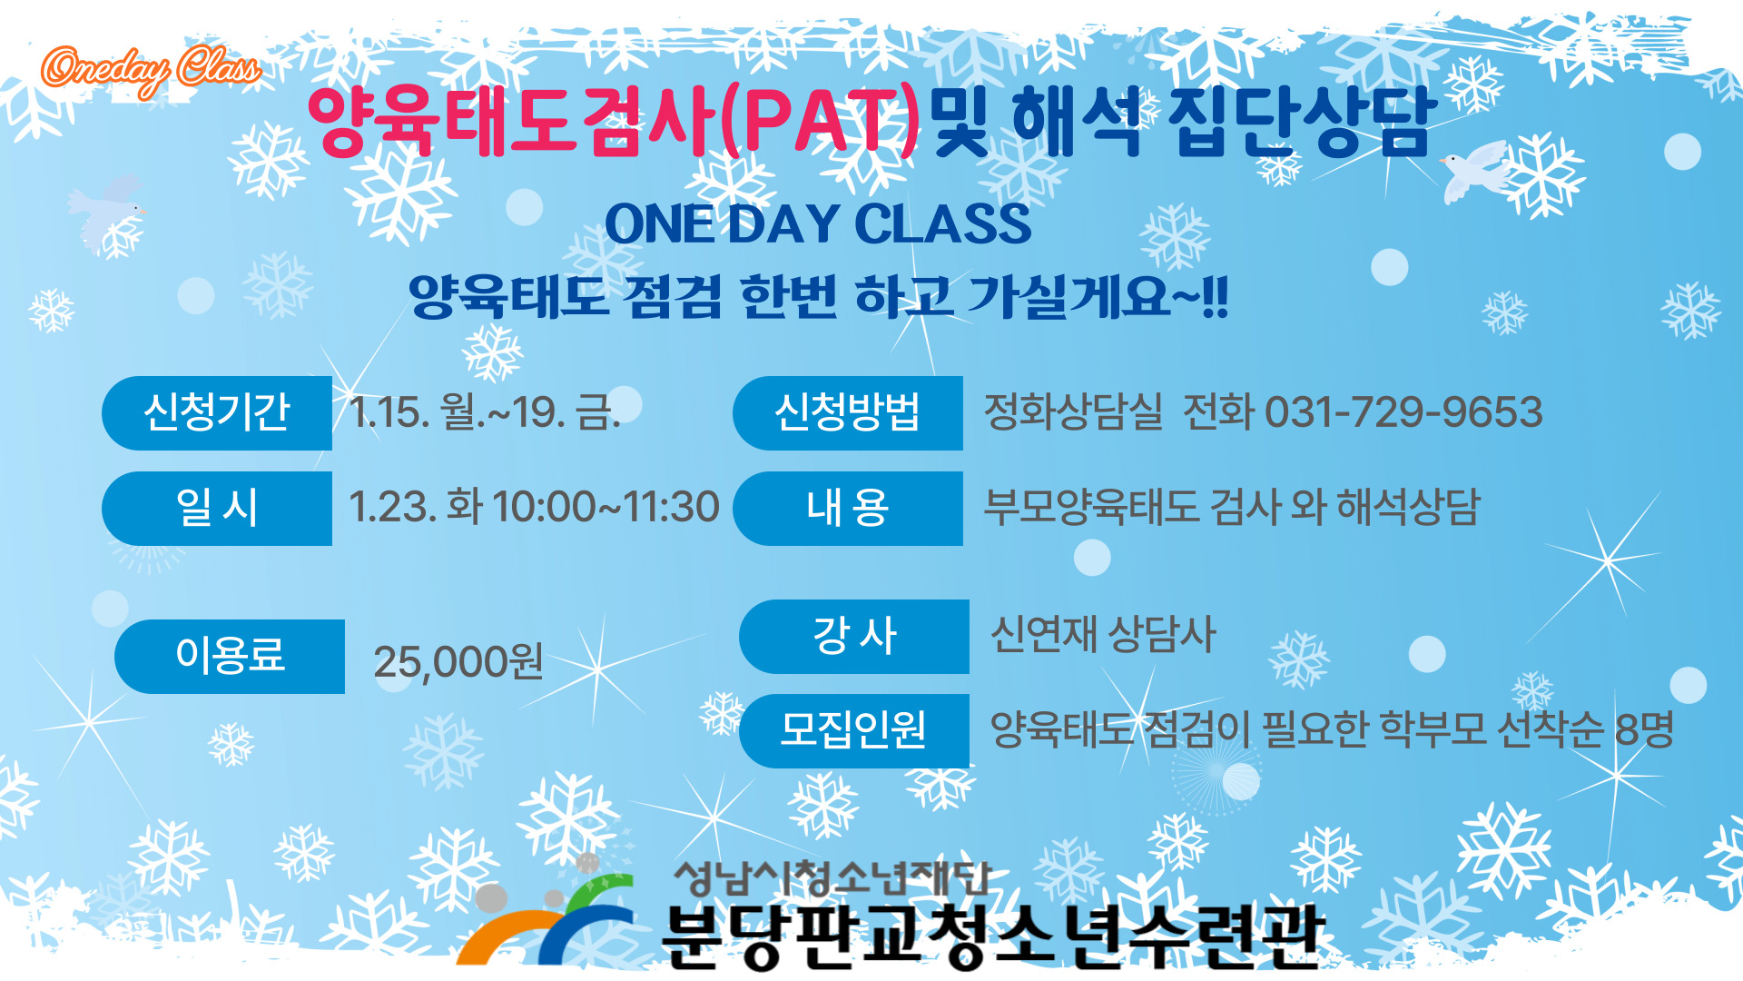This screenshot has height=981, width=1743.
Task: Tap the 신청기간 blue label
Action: (x=217, y=413)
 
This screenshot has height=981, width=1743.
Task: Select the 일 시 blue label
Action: (x=217, y=509)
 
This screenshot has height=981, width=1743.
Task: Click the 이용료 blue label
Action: (x=230, y=657)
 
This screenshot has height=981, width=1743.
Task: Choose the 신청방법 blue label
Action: (x=848, y=413)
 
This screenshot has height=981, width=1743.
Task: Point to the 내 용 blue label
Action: (x=848, y=509)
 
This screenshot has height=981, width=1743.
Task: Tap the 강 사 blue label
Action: (x=854, y=637)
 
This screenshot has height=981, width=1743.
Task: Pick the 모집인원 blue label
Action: (x=854, y=731)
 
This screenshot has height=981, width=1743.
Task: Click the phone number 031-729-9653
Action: (x=1403, y=412)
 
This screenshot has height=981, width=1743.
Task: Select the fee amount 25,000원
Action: (x=458, y=662)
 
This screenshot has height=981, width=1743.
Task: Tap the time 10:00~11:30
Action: (x=606, y=507)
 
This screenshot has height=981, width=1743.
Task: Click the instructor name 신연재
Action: (x=1043, y=634)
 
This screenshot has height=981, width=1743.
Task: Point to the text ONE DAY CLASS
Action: (x=818, y=223)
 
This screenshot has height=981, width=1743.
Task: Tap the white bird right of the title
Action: (x=1474, y=171)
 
